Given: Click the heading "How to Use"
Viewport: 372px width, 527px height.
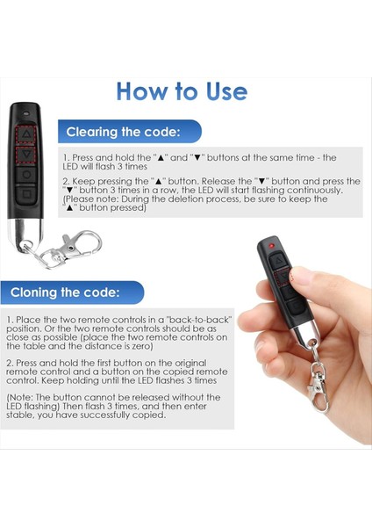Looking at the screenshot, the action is click(182, 91).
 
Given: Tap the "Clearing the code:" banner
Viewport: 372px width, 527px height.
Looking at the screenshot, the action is click(130, 132).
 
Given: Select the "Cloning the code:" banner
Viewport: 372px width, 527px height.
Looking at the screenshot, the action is click(72, 292).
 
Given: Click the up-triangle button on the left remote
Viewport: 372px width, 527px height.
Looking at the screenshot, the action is click(25, 134).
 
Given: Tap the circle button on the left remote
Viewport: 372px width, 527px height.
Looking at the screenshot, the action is click(26, 175).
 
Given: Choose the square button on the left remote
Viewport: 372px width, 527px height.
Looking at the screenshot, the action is click(26, 194).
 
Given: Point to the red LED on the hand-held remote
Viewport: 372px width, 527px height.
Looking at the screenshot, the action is click(271, 246).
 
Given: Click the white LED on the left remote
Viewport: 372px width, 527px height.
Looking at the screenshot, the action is click(25, 113).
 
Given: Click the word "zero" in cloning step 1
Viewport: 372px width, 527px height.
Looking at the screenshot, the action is click(141, 346).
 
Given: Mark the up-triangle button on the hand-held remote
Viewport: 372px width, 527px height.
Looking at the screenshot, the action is click(278, 261).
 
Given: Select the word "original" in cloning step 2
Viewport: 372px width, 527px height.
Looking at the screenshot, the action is click(190, 364).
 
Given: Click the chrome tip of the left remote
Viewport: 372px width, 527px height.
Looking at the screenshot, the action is click(25, 232).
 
